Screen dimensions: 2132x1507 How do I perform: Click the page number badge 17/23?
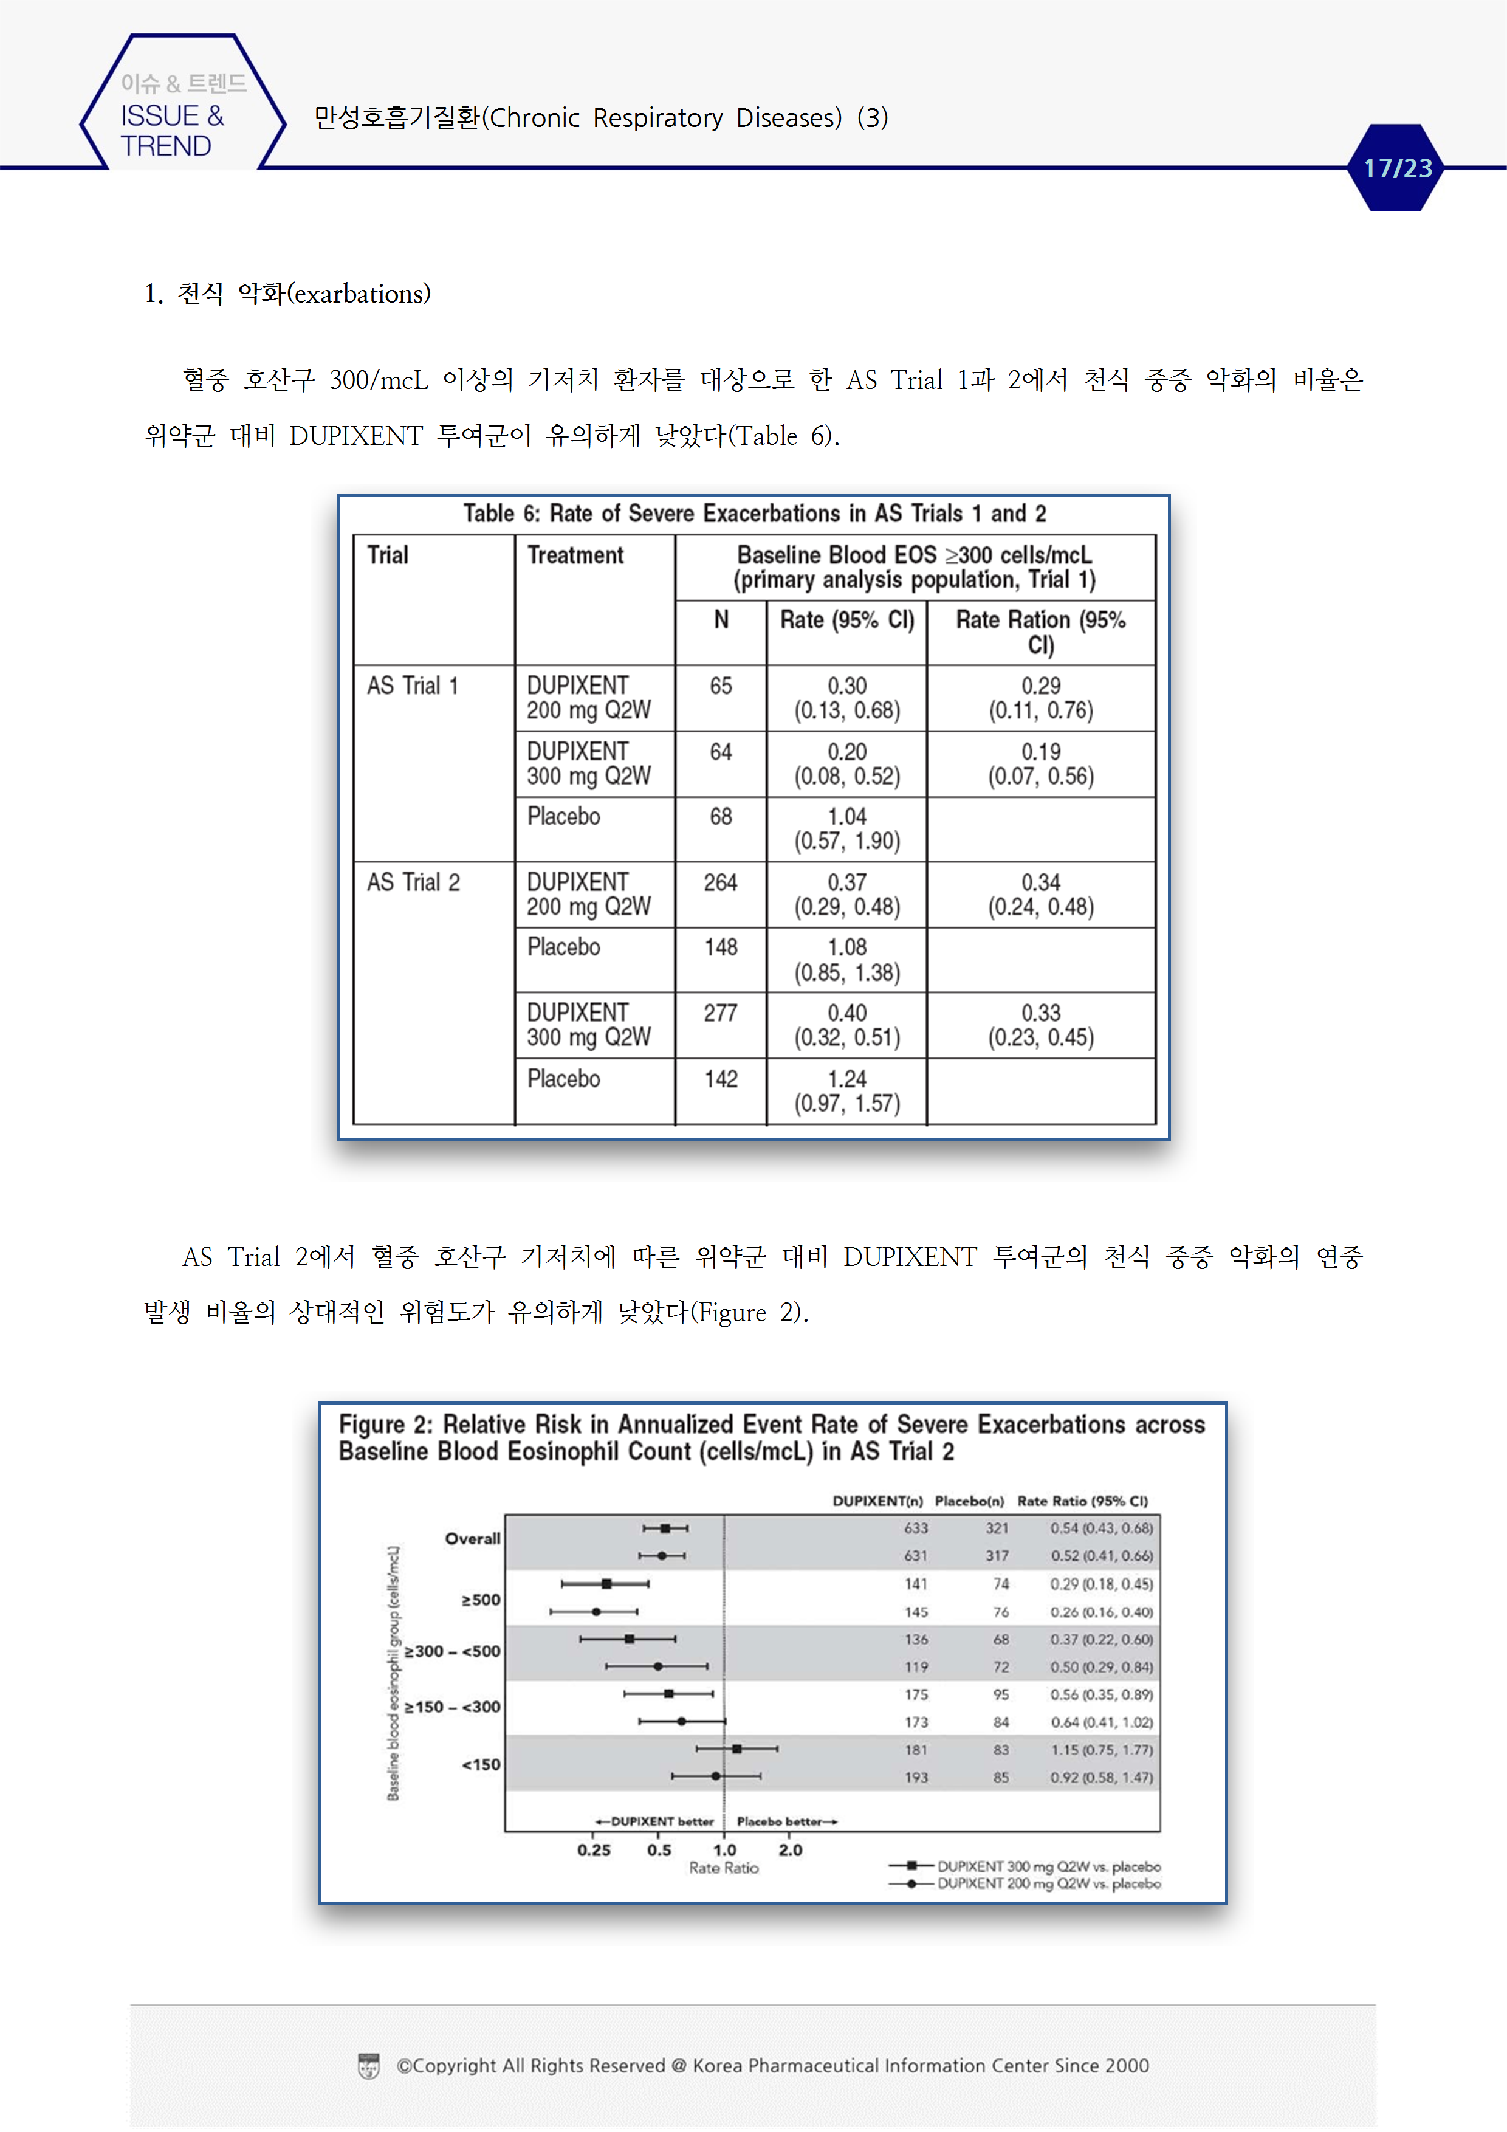[x=1396, y=168]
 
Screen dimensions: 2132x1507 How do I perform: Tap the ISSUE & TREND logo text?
[x=172, y=130]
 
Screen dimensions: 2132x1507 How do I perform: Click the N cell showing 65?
[x=721, y=686]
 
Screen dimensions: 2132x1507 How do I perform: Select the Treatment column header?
[x=575, y=555]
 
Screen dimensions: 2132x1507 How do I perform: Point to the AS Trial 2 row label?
[x=413, y=882]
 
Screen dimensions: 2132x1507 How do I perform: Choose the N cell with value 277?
[x=721, y=1013]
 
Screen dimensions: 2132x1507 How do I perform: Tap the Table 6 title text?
[x=754, y=514]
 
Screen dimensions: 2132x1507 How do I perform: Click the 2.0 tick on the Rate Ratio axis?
[x=790, y=1850]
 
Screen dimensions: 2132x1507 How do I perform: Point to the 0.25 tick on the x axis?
[x=594, y=1850]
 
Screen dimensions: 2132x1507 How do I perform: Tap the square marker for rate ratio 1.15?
[x=737, y=1749]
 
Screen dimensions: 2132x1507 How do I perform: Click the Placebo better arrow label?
[x=786, y=1821]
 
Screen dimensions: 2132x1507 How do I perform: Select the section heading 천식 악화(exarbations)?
[x=288, y=294]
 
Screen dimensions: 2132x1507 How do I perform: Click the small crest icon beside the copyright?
[x=369, y=2066]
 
